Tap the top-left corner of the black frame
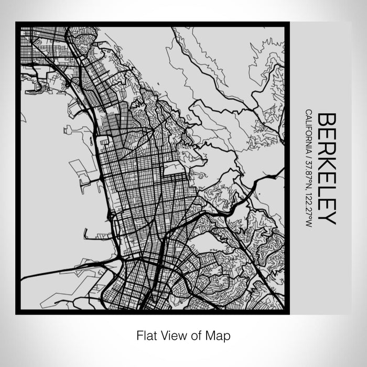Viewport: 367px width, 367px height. pyautogui.click(x=17, y=23)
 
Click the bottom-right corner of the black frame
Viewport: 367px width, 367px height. pyautogui.click(x=288, y=313)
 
